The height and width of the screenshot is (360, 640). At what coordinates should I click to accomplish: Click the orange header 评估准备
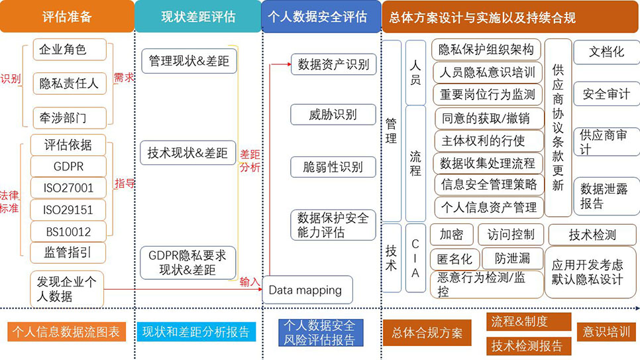click(x=66, y=17)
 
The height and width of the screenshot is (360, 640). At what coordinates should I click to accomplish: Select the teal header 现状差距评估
click(x=197, y=17)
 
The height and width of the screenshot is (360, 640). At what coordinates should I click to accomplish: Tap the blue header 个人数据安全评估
click(x=321, y=17)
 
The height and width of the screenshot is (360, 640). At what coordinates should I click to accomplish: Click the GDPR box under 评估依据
click(x=68, y=166)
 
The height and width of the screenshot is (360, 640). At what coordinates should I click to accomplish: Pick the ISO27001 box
click(x=68, y=188)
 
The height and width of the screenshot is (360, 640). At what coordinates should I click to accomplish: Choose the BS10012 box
click(x=68, y=231)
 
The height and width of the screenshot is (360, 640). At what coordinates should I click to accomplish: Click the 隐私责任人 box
click(x=68, y=83)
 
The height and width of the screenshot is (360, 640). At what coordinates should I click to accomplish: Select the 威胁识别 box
click(x=333, y=114)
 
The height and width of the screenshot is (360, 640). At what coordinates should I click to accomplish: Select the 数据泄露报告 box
click(x=605, y=196)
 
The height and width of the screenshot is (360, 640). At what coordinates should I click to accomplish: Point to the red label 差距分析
click(x=250, y=160)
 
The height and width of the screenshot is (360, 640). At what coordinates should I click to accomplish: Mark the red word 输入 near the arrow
click(x=250, y=282)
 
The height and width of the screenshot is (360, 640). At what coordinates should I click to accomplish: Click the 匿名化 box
click(x=451, y=258)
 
